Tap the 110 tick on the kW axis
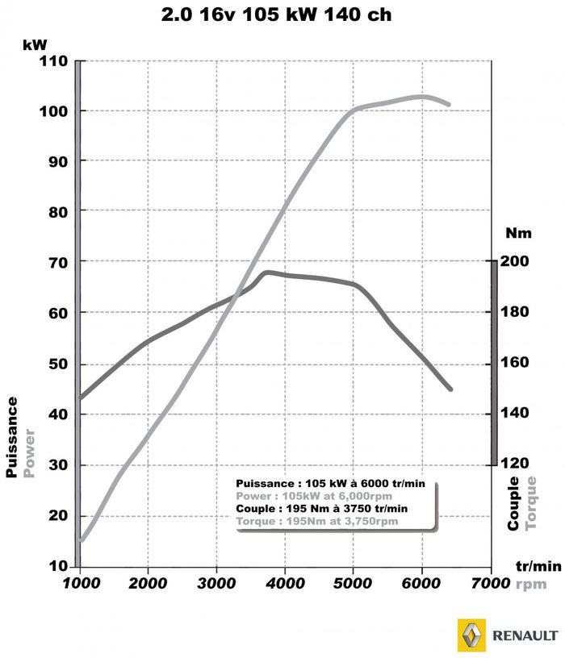(x=52, y=60)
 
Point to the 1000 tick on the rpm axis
(x=79, y=583)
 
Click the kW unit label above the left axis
(x=34, y=45)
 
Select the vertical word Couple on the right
(x=514, y=503)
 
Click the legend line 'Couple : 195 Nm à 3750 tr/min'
(x=322, y=510)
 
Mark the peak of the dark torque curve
(x=267, y=272)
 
